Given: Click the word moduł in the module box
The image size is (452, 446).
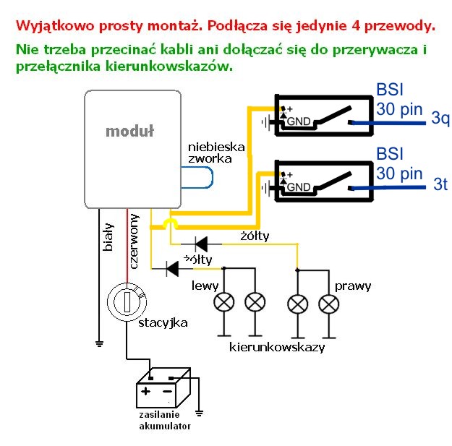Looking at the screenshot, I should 131,131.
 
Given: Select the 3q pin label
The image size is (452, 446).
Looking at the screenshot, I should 439,119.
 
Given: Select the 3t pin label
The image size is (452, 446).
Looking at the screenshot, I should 440,184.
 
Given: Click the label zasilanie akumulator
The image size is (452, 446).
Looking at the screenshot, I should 165,421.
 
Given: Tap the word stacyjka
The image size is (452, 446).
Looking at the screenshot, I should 163,322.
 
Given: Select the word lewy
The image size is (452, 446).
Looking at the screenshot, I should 205,286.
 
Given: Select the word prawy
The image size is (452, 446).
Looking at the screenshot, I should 353,286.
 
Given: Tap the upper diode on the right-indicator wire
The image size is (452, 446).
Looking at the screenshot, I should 197,244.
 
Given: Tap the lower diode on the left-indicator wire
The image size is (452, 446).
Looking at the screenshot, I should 172,268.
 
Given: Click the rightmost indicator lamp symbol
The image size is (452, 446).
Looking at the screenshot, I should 330,301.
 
